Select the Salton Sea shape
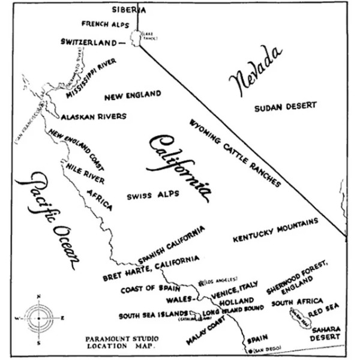299,316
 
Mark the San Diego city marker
245,350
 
